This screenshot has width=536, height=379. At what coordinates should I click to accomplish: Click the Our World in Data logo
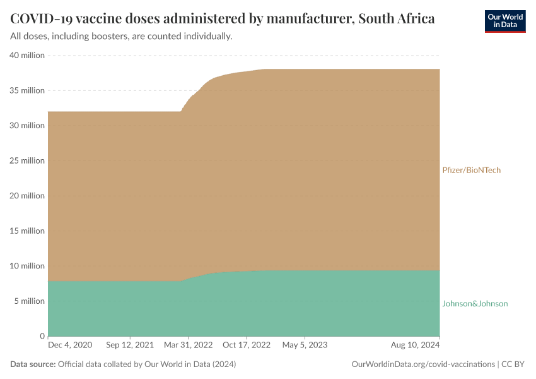[x=504, y=21]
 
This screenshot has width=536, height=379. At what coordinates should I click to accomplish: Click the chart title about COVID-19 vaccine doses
[x=223, y=18]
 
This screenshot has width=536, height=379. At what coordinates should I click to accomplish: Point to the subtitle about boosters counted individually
[x=121, y=37]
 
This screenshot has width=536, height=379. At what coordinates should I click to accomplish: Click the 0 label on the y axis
[x=42, y=336]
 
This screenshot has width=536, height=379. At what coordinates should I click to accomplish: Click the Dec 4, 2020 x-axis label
[x=70, y=346]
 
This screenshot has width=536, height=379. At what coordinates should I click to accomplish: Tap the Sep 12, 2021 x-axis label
[x=131, y=346]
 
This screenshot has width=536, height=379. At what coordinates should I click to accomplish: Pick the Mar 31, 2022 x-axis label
[x=188, y=346]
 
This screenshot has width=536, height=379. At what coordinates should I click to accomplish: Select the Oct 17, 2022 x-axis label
[x=247, y=346]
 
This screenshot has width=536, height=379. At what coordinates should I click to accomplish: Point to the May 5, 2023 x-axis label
[x=305, y=346]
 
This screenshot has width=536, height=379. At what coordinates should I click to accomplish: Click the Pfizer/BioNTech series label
[x=471, y=171]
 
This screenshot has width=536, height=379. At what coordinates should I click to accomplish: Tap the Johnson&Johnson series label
[x=475, y=304]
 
